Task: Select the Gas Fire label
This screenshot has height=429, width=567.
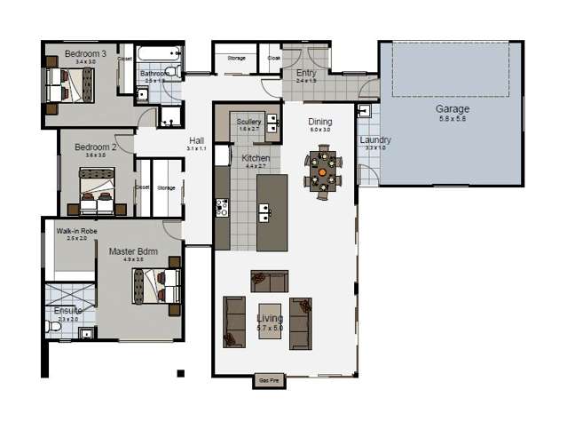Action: pos(269,380)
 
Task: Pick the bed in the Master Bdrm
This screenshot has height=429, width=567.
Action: pos(156,286)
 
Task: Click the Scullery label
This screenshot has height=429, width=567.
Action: pos(248,122)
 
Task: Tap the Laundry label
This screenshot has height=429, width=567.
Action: pos(375,140)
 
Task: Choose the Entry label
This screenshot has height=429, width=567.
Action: pos(306,74)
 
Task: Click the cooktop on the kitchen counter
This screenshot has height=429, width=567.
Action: pos(222,208)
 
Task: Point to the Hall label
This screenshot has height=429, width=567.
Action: pos(196,140)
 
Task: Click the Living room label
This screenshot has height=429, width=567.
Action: pos(269,318)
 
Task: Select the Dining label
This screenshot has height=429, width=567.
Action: pos(319,122)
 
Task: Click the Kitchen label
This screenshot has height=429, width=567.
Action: pos(256,158)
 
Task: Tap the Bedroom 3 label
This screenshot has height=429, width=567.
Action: pos(85,53)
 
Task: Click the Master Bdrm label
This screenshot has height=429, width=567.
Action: pos(133,252)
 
